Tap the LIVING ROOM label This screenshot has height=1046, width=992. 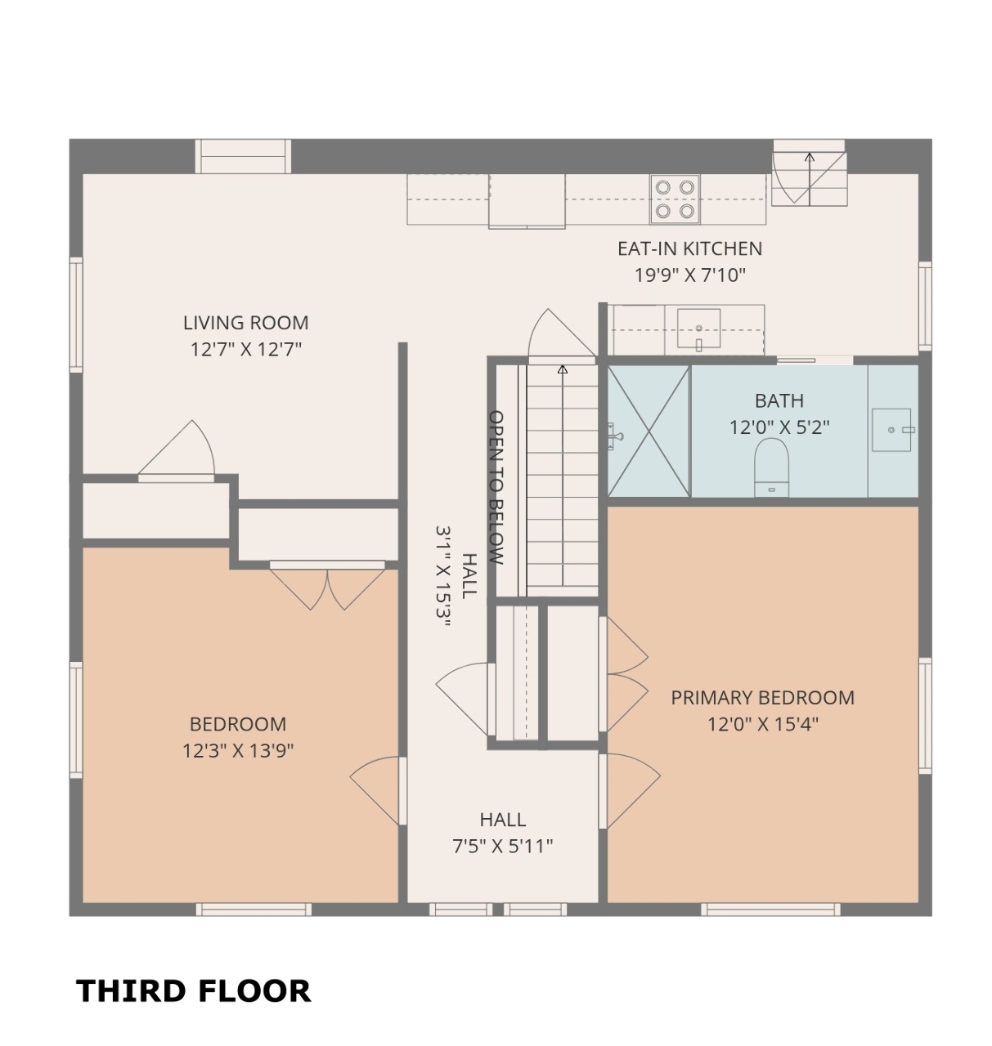(x=245, y=323)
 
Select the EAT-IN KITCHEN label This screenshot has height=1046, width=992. (x=689, y=248)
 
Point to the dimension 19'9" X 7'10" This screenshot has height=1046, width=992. (x=689, y=275)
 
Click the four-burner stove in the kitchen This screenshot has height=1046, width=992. (x=674, y=199)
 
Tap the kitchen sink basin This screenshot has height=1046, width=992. (x=698, y=329)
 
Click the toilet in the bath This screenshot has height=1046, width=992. (x=771, y=467)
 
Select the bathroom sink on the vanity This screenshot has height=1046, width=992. (x=891, y=430)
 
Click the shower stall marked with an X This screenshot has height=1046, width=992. (x=649, y=431)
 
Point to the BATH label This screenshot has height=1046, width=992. (x=779, y=400)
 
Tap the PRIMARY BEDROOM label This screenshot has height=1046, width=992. (x=762, y=698)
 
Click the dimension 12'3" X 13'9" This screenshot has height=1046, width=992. (x=238, y=751)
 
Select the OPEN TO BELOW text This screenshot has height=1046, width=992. (x=496, y=487)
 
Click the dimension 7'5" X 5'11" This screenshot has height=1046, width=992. (x=503, y=846)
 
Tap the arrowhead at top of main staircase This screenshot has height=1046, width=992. (x=563, y=369)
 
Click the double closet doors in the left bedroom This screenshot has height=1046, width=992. (x=327, y=588)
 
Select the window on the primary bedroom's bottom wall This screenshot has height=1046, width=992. (x=770, y=910)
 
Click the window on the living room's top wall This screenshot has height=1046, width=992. (x=243, y=156)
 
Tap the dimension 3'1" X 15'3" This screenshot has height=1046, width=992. (x=443, y=575)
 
